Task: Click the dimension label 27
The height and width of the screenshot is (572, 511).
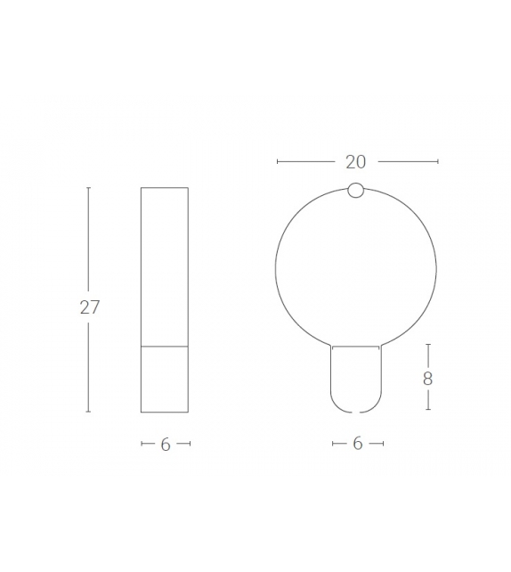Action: (89, 307)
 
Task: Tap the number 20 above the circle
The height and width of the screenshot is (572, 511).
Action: (356, 161)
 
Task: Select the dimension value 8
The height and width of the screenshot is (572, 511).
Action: (428, 378)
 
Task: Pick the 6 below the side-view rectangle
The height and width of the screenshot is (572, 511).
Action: (166, 445)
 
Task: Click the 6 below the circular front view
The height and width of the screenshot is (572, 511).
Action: (358, 443)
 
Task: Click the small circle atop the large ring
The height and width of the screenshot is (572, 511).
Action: (356, 190)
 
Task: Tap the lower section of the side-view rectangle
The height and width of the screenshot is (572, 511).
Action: (165, 379)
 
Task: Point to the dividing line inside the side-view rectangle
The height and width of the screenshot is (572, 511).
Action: (165, 345)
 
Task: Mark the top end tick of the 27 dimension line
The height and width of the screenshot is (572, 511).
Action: (88, 188)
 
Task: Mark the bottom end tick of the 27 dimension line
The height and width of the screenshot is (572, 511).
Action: (88, 412)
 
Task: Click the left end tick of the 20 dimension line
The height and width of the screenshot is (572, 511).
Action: (278, 161)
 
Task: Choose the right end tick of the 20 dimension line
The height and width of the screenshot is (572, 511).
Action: (437, 161)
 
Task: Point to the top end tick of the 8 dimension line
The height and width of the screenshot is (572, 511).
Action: (428, 344)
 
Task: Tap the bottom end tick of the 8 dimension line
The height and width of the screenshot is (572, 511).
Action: (428, 410)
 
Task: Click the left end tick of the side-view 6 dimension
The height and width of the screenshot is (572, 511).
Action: (142, 444)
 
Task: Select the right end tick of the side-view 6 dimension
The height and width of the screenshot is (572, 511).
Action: (189, 444)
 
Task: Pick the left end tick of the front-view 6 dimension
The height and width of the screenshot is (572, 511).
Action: (332, 443)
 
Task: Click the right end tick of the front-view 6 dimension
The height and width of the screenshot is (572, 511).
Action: (383, 443)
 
